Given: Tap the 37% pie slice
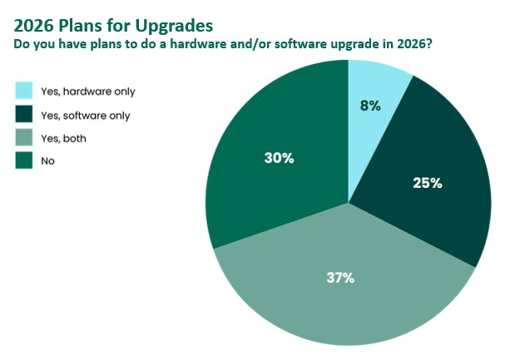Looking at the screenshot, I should pos(341,291).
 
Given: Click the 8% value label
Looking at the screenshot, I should pos(370,106).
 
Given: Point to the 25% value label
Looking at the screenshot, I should pos(427,183).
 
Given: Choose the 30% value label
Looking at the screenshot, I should pos(279,157).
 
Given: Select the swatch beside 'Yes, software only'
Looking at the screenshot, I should pos(24,115).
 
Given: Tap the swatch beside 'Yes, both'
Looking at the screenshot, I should pos(24,138).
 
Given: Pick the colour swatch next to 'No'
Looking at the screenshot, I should pos(24,160).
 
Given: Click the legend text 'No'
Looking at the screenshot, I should pos(47,160).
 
